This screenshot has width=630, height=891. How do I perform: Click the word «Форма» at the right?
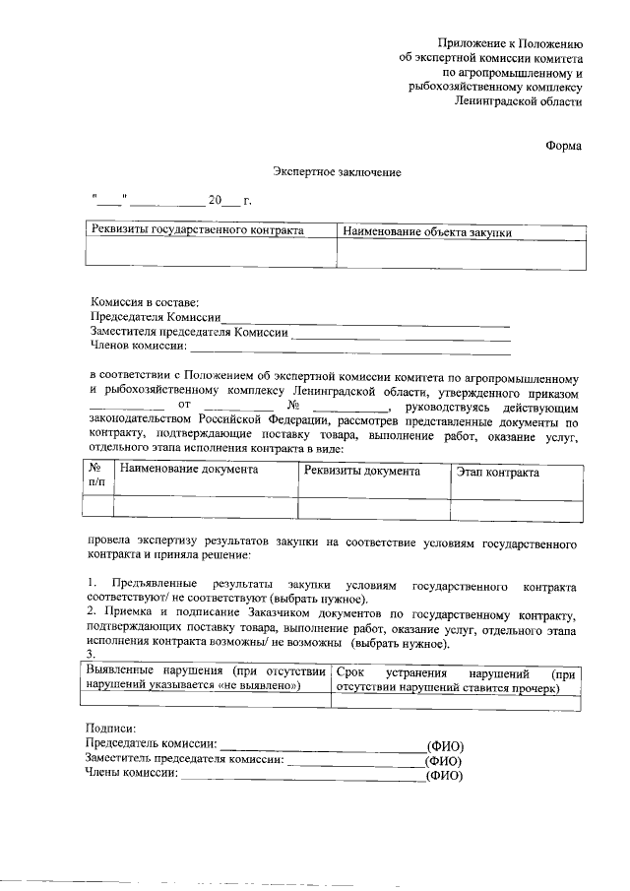[x=563, y=146]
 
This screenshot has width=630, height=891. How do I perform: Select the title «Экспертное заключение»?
[x=337, y=172]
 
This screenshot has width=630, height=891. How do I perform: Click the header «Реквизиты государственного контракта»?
[x=197, y=230]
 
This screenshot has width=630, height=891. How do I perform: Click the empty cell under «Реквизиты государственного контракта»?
[x=211, y=254]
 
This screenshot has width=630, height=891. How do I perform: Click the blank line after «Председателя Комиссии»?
[x=366, y=320]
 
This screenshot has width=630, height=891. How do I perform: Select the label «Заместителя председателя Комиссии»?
[x=188, y=332]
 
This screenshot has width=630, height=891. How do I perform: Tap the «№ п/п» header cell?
[x=96, y=477]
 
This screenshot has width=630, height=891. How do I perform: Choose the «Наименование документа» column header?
[x=189, y=471]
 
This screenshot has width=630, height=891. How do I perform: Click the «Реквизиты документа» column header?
[x=362, y=472]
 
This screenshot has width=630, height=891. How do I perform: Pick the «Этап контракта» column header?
[x=497, y=473]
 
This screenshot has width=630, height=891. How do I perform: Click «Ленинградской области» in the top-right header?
[x=519, y=100]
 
